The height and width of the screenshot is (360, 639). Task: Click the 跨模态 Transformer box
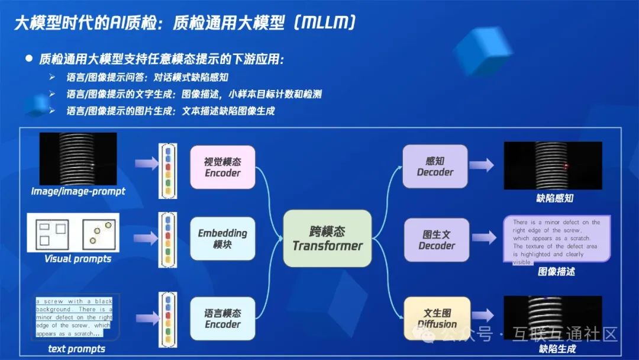[x=327, y=238]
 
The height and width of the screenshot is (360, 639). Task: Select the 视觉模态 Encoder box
[x=222, y=167]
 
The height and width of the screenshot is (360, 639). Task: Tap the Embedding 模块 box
[x=222, y=239]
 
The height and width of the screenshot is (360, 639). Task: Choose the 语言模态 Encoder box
[x=222, y=319]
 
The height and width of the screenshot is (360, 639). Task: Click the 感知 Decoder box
[x=435, y=166]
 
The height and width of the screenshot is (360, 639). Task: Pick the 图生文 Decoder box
[x=437, y=240]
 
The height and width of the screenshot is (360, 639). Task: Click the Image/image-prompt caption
[x=78, y=192]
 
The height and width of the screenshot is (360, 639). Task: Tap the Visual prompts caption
[x=78, y=259]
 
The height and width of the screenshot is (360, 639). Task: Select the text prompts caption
[x=76, y=349]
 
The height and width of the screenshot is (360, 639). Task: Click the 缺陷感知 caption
[x=554, y=198]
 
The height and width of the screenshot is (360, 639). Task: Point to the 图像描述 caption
[x=556, y=272]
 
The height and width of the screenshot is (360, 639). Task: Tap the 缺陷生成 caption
[x=557, y=349]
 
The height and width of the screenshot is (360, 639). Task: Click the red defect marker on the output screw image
[x=566, y=166]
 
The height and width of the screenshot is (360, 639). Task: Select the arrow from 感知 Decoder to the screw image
[x=481, y=165]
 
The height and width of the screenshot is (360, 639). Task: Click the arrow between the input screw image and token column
[x=143, y=163]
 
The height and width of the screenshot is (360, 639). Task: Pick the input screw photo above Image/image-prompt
[x=78, y=158]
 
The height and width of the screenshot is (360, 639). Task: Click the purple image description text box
[x=556, y=240]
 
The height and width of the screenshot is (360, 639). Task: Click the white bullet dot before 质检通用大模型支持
[x=28, y=59]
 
